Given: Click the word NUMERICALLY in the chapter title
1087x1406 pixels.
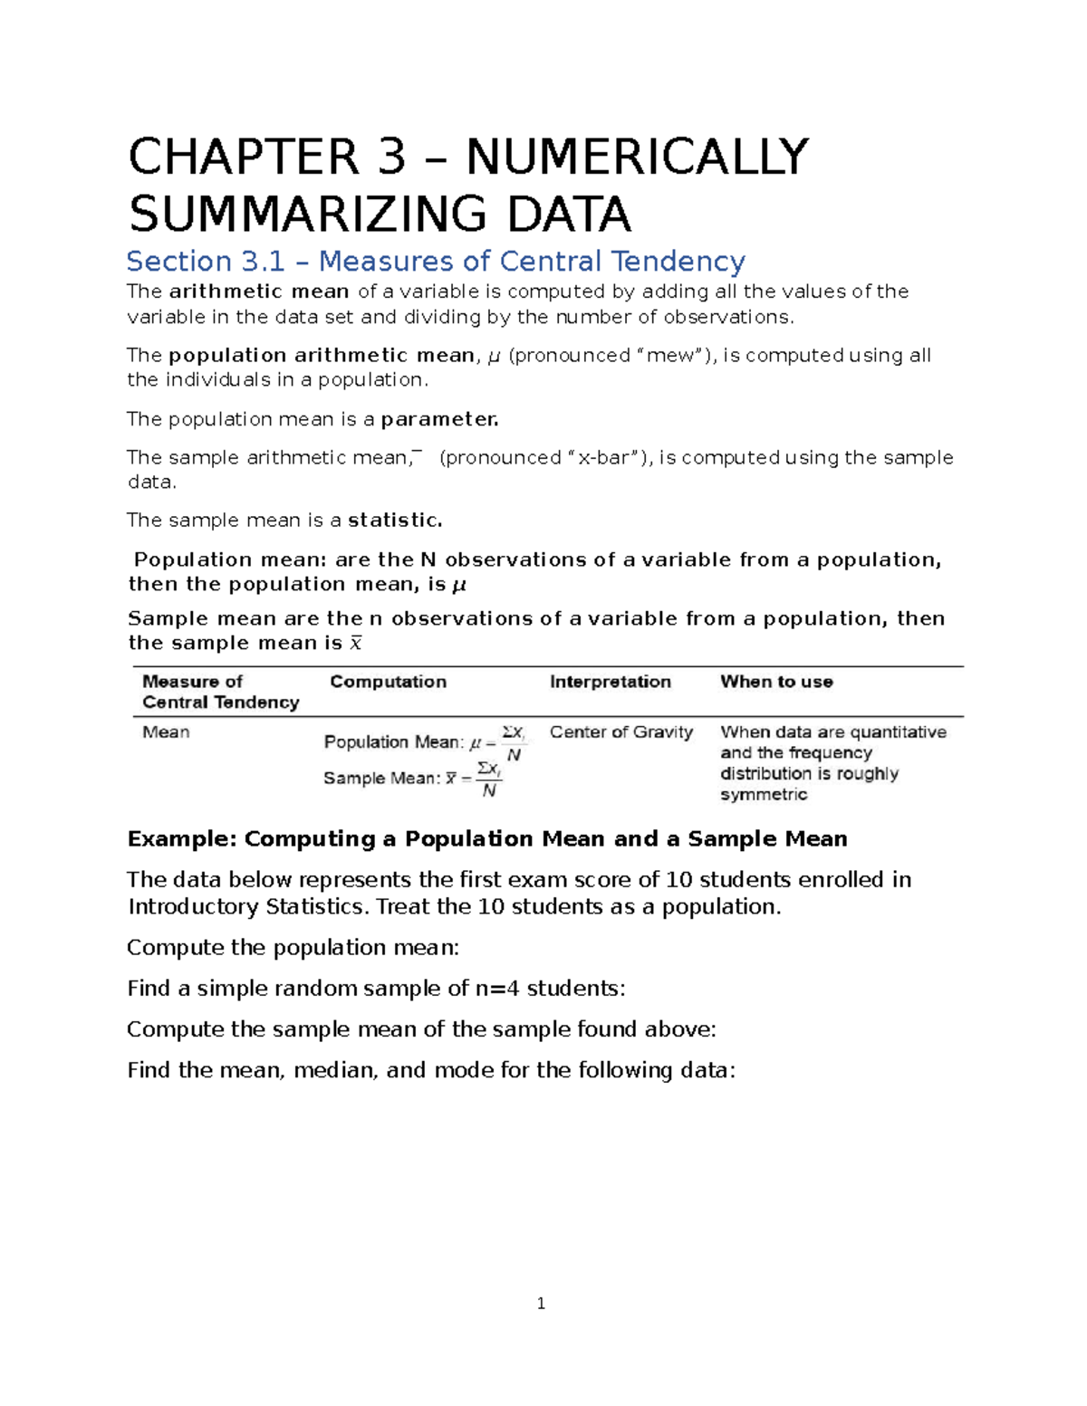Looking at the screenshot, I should point(636,157).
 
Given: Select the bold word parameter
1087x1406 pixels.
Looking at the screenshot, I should point(439,419).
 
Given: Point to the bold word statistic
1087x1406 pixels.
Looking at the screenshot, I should point(395,521).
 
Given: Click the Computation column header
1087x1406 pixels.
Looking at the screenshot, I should point(388,682).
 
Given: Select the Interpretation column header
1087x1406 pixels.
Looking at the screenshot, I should point(610,682).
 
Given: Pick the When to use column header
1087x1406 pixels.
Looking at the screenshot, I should point(776,682).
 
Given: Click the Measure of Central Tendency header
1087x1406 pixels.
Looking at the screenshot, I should point(220,692).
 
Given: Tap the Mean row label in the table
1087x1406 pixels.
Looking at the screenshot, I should point(166,732).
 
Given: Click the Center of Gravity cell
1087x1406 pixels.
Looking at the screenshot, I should point(620,732).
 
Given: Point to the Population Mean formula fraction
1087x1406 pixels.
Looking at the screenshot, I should point(514,742).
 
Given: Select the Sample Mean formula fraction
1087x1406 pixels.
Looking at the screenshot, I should point(489,779).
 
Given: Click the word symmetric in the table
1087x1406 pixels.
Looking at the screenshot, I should point(763,795).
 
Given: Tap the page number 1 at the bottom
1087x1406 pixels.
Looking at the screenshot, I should point(541,1304).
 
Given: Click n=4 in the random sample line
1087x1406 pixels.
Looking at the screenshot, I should point(496,989).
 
